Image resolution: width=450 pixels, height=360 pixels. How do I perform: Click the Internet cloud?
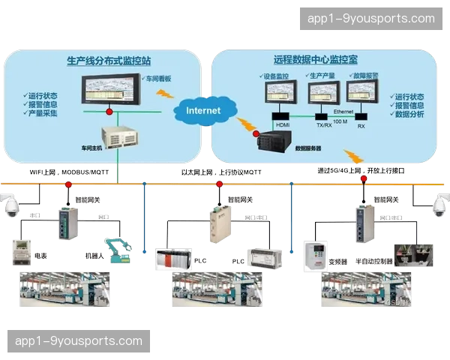point(203,111)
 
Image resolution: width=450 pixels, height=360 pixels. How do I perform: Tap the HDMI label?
point(282,124)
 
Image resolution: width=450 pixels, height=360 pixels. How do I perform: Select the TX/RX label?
point(324,125)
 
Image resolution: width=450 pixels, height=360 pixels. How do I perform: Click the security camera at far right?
point(439,205)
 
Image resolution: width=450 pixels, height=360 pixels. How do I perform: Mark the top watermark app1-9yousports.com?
point(371,19)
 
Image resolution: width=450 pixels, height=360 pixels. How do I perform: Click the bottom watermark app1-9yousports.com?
point(78,341)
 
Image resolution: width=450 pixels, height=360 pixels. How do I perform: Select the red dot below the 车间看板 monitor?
point(109,111)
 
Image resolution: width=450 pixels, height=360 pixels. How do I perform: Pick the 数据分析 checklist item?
point(409,115)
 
